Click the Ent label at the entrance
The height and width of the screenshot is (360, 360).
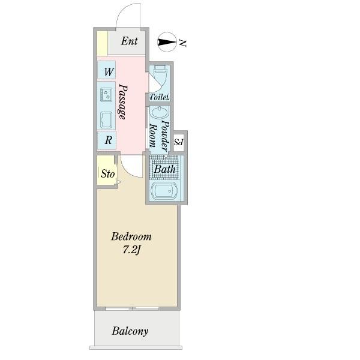click(129, 41)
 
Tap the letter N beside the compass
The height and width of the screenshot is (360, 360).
click(182, 43)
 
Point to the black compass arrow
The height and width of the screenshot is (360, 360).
click(166, 42)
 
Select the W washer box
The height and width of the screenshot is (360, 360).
click(106, 70)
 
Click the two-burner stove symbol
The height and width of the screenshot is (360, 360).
click(106, 95)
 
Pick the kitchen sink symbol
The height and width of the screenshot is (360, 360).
click(106, 120)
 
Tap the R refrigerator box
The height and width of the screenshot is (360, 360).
click(107, 140)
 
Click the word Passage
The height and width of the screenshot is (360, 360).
click(123, 102)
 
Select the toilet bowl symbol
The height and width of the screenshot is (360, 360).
click(160, 74)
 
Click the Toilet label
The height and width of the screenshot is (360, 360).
click(160, 97)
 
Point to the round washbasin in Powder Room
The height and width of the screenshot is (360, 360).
click(160, 113)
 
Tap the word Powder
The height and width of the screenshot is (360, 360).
click(165, 136)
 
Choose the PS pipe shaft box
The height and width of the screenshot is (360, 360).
click(179, 142)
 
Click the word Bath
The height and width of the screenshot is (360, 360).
click(164, 169)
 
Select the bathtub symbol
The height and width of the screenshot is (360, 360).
click(164, 190)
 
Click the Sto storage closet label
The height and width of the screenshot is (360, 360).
click(107, 174)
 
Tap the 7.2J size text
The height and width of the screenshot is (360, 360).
click(131, 250)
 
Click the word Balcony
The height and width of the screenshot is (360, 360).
click(130, 331)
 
